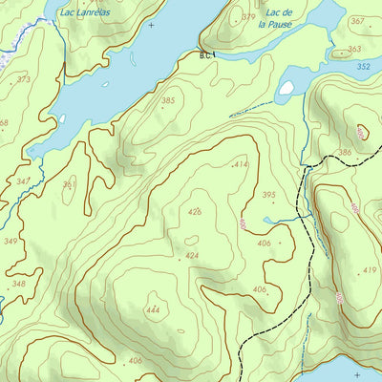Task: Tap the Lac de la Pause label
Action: [278, 18]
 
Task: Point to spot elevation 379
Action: [248, 17]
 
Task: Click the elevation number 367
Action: [356, 20]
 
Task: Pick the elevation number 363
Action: [353, 49]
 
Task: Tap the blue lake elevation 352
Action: [362, 67]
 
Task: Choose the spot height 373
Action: [23, 79]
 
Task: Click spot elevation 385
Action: [168, 100]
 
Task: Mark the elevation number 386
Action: [344, 152]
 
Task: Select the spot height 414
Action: [240, 165]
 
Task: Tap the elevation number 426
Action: [195, 211]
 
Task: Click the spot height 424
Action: [191, 255]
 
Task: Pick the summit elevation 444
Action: [153, 310]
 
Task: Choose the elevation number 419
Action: [369, 270]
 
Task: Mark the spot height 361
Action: [69, 184]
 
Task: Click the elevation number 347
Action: [23, 180]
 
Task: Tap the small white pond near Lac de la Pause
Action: [286, 88]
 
